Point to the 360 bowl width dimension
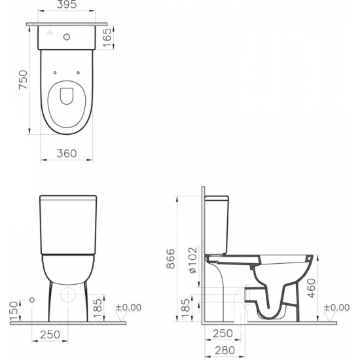click(x=67, y=154)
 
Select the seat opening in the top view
click(x=67, y=97)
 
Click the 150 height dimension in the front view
click(x=11, y=308)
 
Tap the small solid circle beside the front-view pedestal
click(x=32, y=299)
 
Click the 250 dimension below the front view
click(x=50, y=335)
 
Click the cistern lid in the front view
click(x=67, y=197)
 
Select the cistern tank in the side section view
click(x=217, y=223)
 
